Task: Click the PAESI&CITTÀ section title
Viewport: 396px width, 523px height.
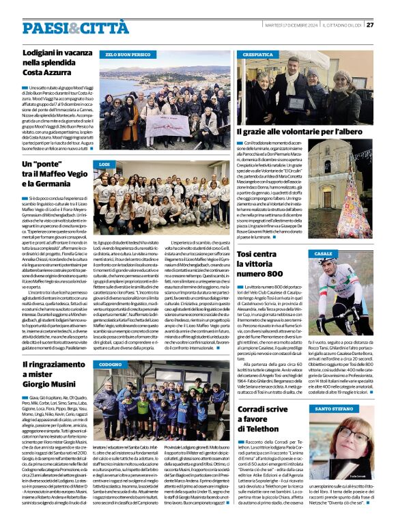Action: [x=66, y=27]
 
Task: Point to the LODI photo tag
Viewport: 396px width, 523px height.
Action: [x=104, y=165]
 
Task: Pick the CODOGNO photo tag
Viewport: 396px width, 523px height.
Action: [x=111, y=365]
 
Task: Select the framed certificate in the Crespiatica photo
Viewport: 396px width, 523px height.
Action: [x=260, y=102]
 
